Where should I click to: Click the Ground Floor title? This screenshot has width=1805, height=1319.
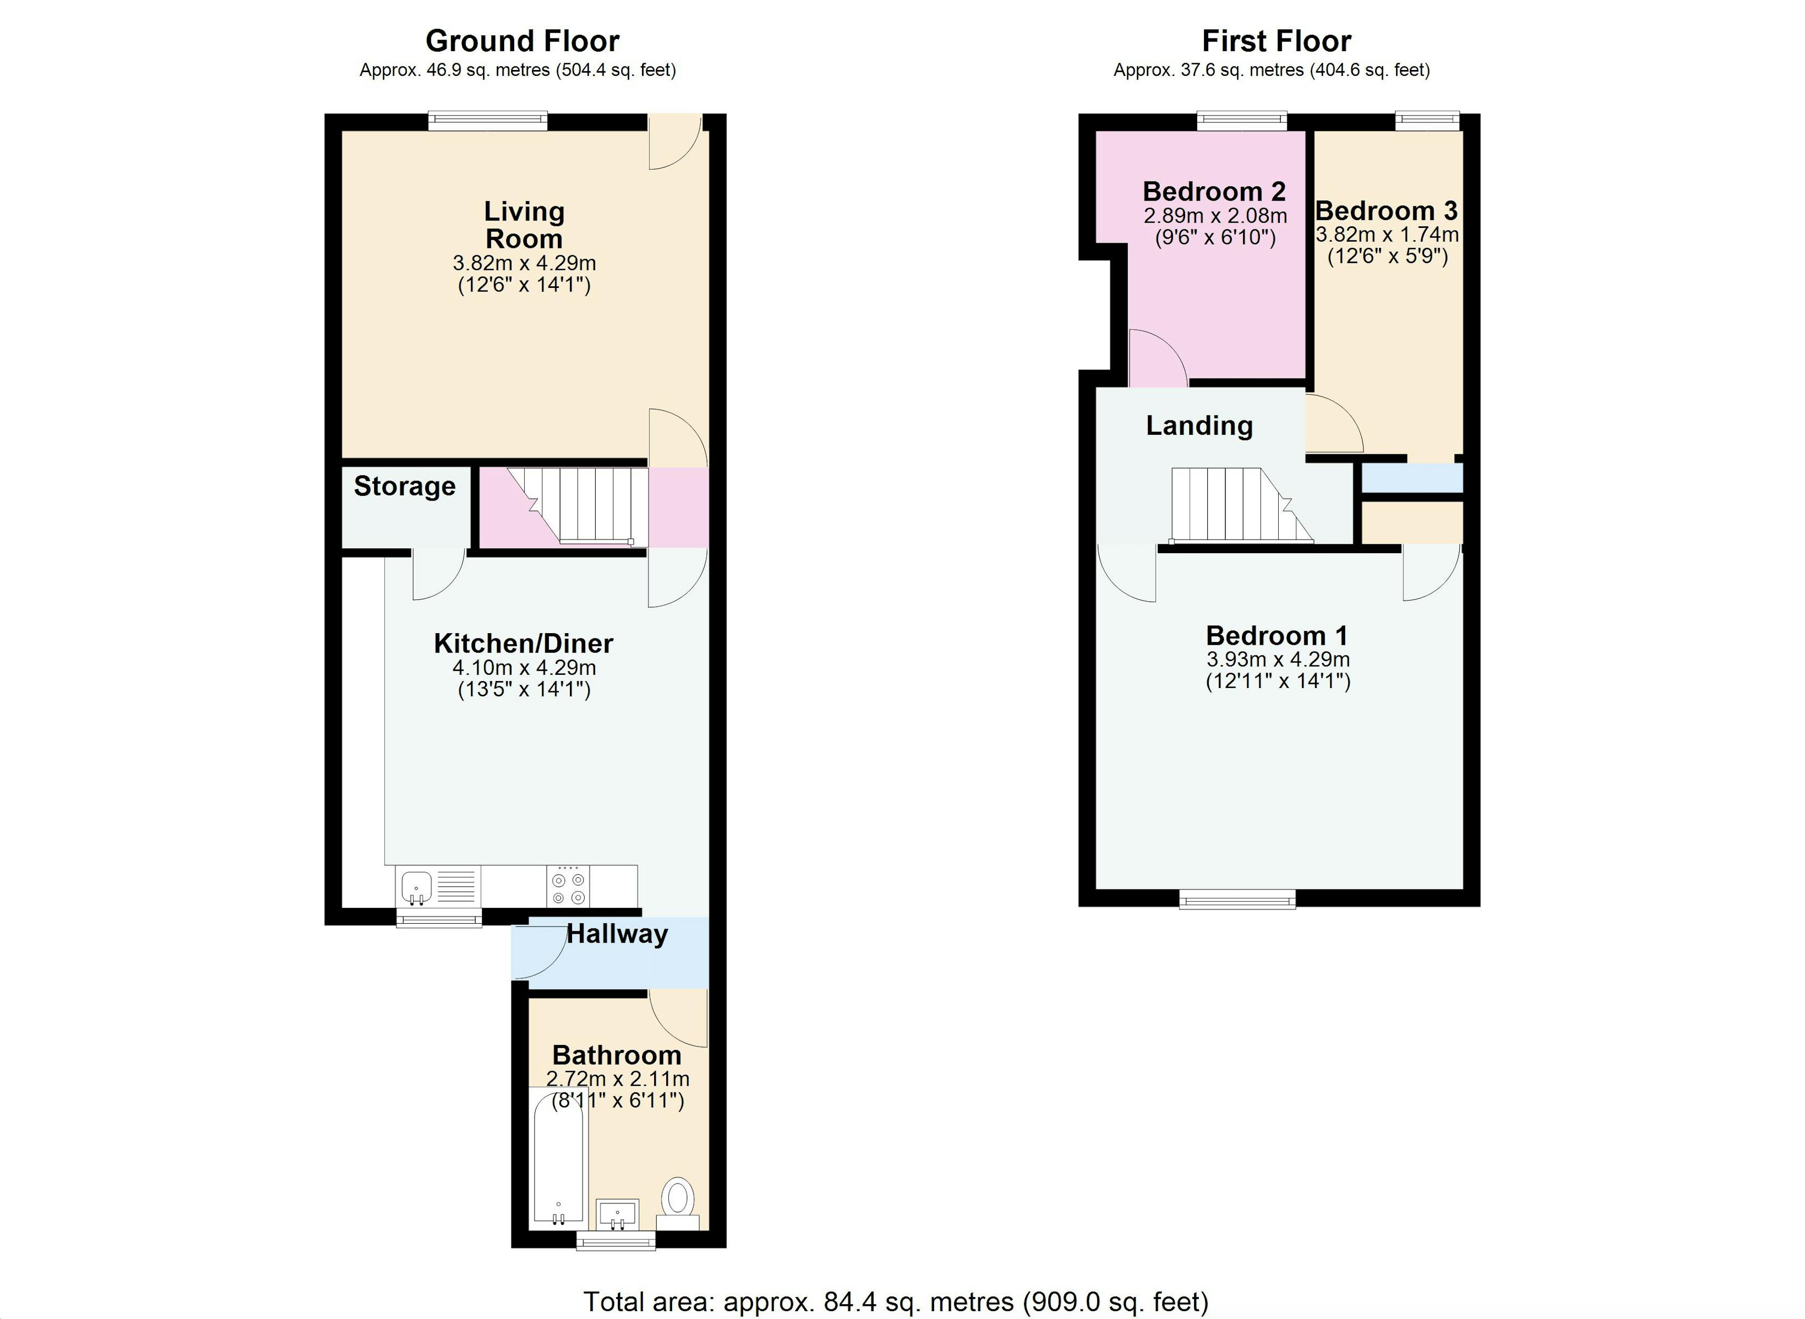[522, 41]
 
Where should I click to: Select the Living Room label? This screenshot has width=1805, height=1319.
[524, 225]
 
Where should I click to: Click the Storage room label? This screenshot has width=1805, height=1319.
[404, 486]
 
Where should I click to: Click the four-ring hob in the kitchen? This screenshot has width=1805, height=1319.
[568, 887]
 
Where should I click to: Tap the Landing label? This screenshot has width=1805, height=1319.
[1199, 426]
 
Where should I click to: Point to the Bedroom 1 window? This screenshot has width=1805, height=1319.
[1237, 901]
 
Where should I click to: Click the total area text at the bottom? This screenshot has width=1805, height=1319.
[896, 1302]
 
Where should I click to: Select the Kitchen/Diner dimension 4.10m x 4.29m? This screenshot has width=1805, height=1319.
[524, 667]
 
